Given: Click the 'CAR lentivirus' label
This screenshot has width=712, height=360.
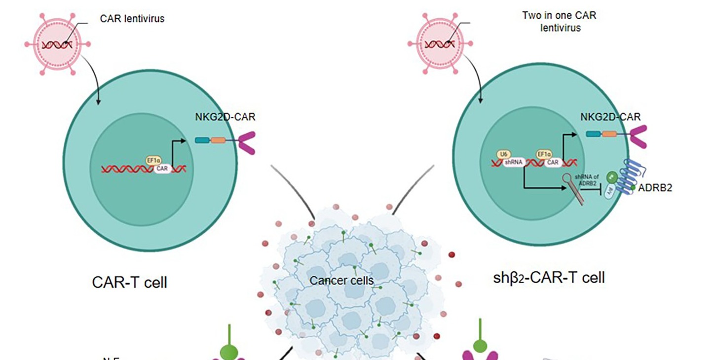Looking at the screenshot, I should click(x=132, y=19).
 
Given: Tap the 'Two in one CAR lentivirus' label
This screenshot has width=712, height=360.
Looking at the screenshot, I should click(x=559, y=21).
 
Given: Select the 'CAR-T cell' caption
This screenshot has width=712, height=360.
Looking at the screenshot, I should click(x=130, y=283).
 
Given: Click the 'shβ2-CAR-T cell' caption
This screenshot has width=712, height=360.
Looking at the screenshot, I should click(x=549, y=278).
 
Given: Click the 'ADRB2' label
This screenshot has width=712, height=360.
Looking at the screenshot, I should click(x=655, y=188).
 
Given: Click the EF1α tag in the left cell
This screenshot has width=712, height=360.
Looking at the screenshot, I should click(x=153, y=160).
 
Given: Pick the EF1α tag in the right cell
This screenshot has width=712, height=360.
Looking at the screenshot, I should click(x=544, y=154).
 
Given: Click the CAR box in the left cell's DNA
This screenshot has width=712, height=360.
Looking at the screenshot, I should click(x=162, y=169).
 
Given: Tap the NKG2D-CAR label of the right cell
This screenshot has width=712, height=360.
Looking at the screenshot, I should click(x=610, y=117).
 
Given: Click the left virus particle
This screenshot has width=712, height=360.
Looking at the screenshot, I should click(x=55, y=44).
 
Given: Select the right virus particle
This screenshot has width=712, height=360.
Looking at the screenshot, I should click(x=441, y=43).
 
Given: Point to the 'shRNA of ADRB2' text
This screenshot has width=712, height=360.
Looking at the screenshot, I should click(x=586, y=187).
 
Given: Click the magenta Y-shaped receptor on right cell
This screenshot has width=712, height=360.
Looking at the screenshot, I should click(x=636, y=136).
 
